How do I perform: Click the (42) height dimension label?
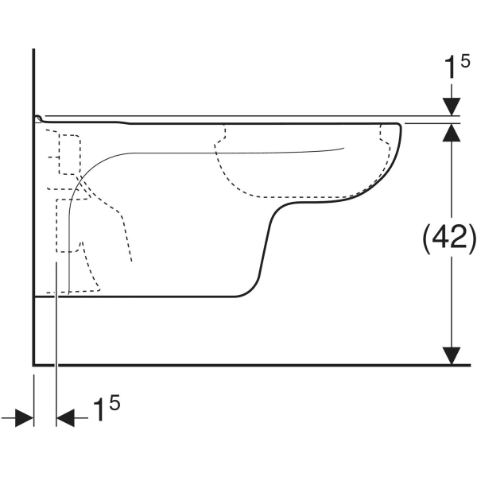449,239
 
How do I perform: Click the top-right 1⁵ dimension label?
457,66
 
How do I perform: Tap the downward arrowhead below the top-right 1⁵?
452,107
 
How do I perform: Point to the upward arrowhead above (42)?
452,133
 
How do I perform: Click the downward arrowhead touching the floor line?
452,355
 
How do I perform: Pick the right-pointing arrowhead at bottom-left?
25,417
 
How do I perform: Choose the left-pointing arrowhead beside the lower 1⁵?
65,417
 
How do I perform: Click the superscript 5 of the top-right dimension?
465,61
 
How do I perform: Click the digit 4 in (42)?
441,237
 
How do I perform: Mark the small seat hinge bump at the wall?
38,118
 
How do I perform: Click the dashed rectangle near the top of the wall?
70,154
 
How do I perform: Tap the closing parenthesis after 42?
471,239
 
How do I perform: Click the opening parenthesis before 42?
427,239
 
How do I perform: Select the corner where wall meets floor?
33,364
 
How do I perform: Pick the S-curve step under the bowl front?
268,235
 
